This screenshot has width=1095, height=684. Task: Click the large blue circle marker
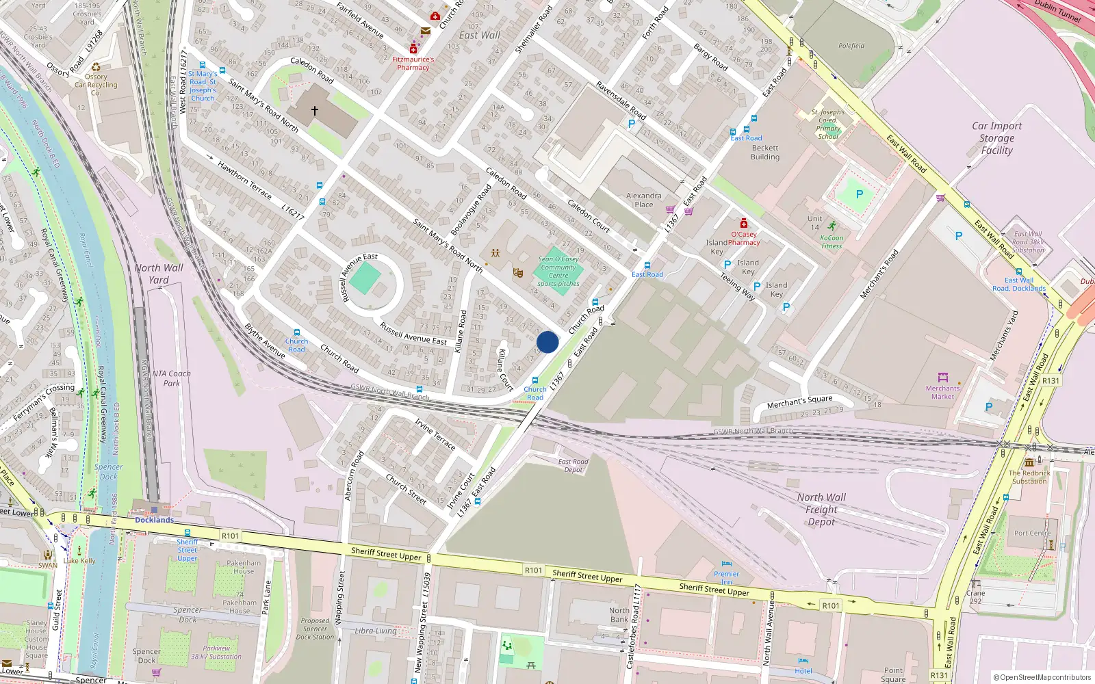[547, 342]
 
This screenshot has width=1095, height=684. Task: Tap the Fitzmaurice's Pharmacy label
[413, 64]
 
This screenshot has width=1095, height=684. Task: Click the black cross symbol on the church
[315, 110]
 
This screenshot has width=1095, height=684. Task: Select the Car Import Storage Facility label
[996, 138]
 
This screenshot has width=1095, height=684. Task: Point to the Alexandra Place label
[643, 200]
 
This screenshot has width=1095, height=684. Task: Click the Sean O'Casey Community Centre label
[558, 271]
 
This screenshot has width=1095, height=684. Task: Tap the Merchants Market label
[942, 393]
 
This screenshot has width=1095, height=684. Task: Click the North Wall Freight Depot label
[821, 510]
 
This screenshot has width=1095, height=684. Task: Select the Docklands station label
[154, 520]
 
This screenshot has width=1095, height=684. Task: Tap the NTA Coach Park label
[172, 378]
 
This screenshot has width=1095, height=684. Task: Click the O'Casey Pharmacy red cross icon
[744, 224]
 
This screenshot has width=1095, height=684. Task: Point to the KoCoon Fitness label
[832, 242]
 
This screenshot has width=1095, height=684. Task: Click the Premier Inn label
[726, 578]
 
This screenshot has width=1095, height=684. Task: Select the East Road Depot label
[573, 465]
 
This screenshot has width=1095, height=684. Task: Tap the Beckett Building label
[764, 152]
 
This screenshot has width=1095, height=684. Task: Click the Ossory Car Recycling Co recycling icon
[96, 67]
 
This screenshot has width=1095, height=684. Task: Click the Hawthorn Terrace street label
[245, 180]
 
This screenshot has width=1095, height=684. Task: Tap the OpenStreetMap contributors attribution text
[1042, 677]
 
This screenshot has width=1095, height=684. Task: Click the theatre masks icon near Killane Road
[518, 273]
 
